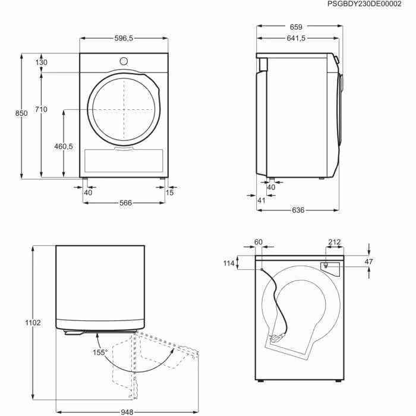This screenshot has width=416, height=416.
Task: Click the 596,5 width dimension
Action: pyautogui.click(x=124, y=38)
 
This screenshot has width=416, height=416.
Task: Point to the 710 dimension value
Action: pyautogui.click(x=41, y=109)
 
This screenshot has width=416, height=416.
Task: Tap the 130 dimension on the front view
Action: pyautogui.click(x=41, y=62)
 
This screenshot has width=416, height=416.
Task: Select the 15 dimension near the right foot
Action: pyautogui.click(x=170, y=192)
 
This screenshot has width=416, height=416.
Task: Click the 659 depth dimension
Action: pyautogui.click(x=296, y=27)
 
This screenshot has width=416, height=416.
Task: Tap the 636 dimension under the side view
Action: pyautogui.click(x=298, y=210)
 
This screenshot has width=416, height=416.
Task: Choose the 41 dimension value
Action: pyautogui.click(x=261, y=200)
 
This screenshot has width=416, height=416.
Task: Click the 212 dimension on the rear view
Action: pyautogui.click(x=334, y=242)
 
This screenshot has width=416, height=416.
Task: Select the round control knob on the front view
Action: pyautogui.click(x=124, y=61)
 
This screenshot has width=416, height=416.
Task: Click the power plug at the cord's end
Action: pyautogui.click(x=277, y=339)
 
